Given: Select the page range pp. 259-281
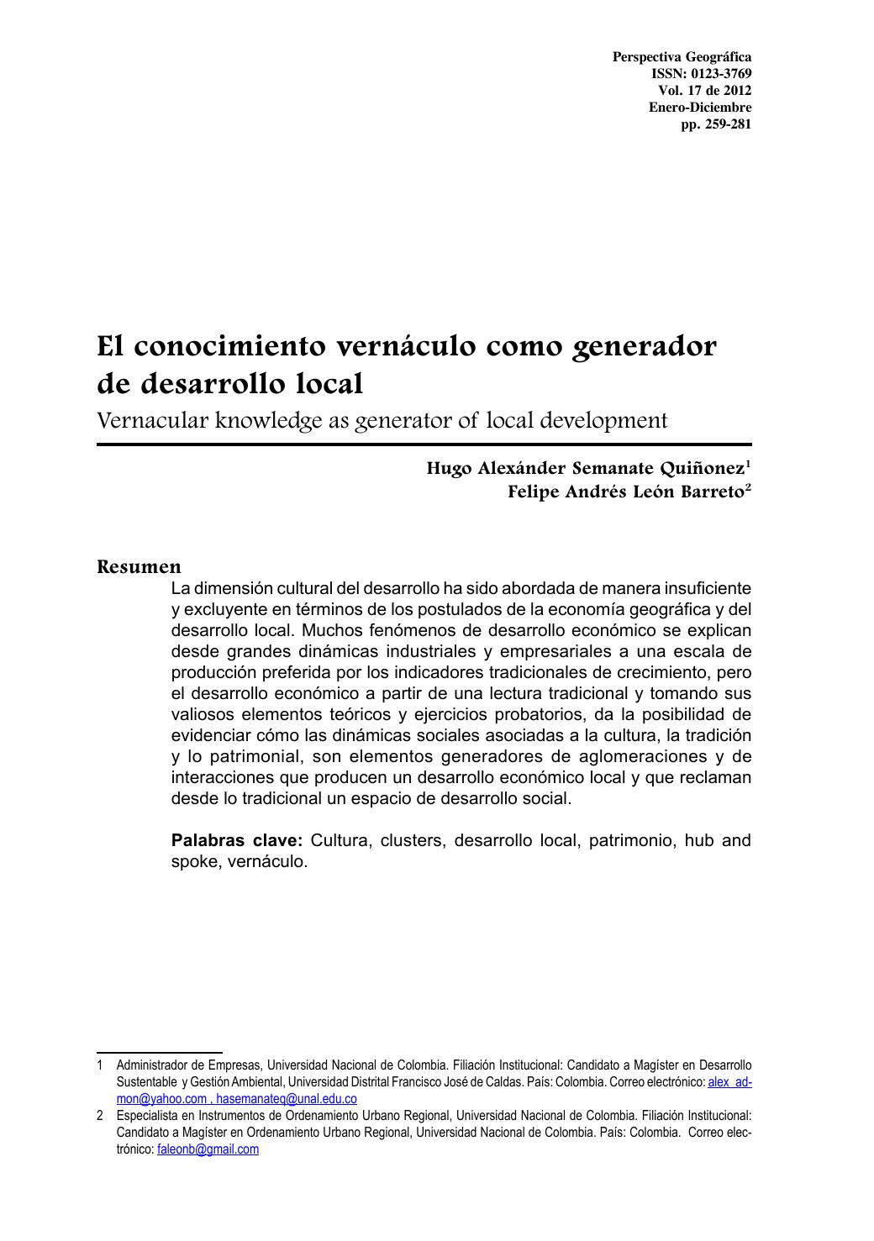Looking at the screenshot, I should pyautogui.click(x=716, y=124).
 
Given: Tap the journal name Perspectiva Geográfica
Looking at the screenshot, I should pyautogui.click(x=682, y=57).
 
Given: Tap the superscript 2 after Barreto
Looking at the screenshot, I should pyautogui.click(x=748, y=486).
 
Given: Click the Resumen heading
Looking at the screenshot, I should pyautogui.click(x=139, y=566).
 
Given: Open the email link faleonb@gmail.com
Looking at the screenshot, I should pyautogui.click(x=208, y=1149).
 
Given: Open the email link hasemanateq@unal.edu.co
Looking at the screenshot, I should pyautogui.click(x=287, y=1099).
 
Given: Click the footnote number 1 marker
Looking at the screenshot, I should pyautogui.click(x=100, y=1065).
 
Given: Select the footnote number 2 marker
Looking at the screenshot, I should pyautogui.click(x=100, y=1116).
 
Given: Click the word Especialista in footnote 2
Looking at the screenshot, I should pyautogui.click(x=147, y=1116).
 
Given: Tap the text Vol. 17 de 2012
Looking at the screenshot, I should pyautogui.click(x=704, y=91).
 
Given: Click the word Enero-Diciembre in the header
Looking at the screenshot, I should pyautogui.click(x=700, y=108).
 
